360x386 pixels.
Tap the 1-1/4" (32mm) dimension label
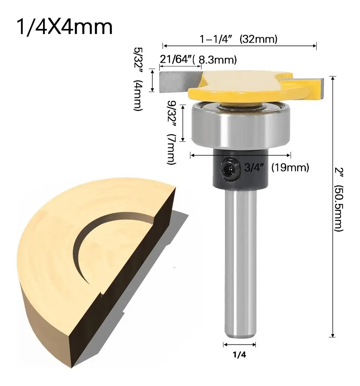point(238,39)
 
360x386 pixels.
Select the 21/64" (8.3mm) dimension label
point(199,59)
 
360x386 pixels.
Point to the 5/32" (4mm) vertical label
point(138,79)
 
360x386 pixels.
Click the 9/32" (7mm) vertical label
point(171,133)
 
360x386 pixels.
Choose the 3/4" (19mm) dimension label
point(276,168)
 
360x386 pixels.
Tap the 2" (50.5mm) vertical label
point(338,200)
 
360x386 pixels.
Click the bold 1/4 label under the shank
point(239,355)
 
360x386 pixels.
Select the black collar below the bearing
point(240,168)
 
